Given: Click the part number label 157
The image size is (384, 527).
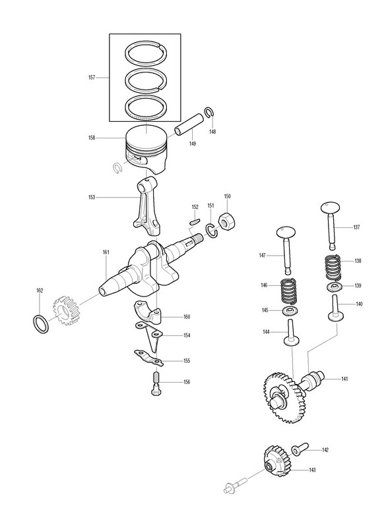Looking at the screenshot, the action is (x=92, y=78).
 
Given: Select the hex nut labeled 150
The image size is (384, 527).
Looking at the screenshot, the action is (x=227, y=222).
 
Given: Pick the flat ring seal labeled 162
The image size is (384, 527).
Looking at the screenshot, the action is (x=41, y=324).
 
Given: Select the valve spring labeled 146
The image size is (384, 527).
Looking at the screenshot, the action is (x=289, y=291).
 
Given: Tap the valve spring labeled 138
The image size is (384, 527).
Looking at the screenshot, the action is (x=333, y=268).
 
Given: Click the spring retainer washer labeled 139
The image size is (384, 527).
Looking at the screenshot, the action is (x=335, y=287).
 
